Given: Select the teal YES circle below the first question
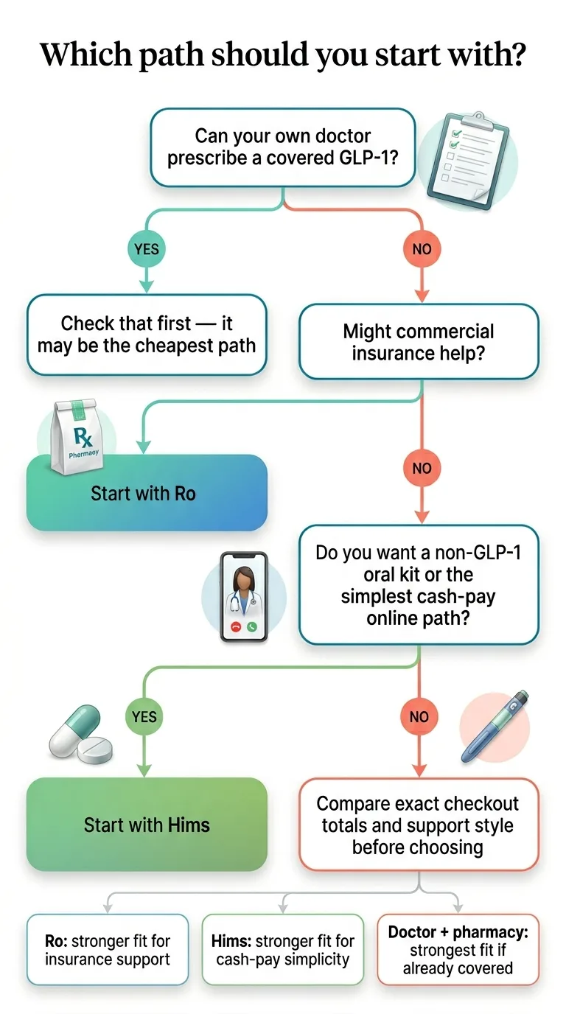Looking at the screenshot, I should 147,249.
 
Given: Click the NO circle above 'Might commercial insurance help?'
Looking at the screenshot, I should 421,249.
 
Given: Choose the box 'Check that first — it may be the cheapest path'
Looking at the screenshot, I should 147,335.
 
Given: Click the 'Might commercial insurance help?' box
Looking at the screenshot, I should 418,342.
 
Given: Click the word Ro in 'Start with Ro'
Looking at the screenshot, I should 185,494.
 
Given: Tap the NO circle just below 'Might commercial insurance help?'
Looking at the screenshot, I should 421,468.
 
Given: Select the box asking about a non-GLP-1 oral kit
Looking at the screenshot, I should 418,584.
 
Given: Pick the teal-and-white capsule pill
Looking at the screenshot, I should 74,730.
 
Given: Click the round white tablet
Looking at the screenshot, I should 96,750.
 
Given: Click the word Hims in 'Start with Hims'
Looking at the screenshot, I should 190,825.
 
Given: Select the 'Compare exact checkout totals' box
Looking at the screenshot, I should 418,825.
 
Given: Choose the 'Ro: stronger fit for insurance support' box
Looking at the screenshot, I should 108,951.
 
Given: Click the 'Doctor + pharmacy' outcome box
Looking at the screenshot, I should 458,951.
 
